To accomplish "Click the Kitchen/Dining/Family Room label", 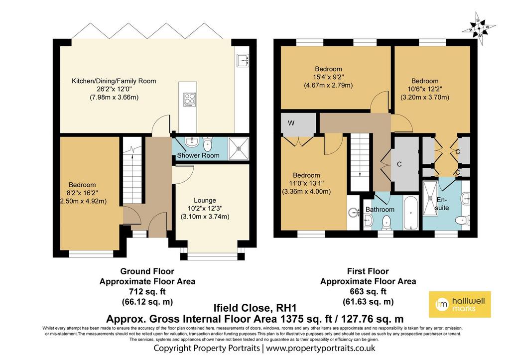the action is point(114,81).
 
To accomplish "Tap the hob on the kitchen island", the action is point(190,100).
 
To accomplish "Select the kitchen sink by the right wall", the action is point(243,60).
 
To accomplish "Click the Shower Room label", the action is point(198,155).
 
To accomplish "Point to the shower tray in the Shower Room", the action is point(239,149).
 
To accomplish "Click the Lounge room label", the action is point(205,200).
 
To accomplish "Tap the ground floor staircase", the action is point(132,171).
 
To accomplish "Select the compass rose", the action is point(479,28).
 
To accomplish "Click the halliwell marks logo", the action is point(460,304).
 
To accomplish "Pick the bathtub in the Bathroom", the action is point(411,213).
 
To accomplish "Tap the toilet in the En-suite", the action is point(462,221).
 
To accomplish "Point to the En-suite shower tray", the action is point(430,198).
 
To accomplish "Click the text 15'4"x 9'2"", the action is point(328,77).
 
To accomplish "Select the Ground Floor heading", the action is point(147,271).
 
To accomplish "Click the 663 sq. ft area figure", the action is point(368,291).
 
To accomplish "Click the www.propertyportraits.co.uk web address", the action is point(321,348).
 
